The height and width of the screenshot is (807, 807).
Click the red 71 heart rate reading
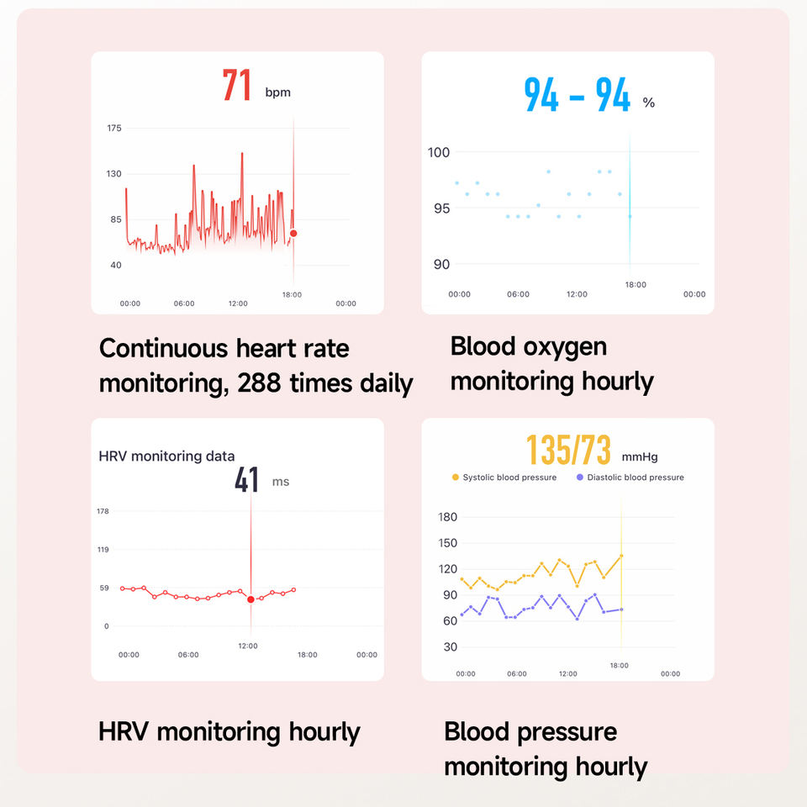[237, 84]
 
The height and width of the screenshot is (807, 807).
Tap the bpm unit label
[278, 92]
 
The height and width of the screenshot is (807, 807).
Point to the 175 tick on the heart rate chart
[114, 128]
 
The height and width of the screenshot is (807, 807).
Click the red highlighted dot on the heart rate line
[293, 233]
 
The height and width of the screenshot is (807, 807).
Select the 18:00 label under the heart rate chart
[292, 294]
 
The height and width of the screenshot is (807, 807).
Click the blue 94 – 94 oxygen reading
[577, 95]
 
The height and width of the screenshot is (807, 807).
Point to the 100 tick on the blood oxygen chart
[439, 152]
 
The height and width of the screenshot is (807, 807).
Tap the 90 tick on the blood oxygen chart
[441, 264]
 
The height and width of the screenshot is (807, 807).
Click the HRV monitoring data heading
[166, 456]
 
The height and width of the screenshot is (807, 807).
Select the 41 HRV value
[246, 480]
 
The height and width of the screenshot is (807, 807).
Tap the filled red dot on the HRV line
[251, 599]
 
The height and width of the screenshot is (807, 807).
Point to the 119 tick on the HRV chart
[103, 550]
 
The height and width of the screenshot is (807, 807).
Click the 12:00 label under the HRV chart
[248, 646]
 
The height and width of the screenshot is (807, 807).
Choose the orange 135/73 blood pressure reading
[569, 450]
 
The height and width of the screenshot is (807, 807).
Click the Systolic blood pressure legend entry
[504, 477]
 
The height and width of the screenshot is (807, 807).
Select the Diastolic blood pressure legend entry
[630, 477]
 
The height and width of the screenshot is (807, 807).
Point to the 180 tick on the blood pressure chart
[448, 517]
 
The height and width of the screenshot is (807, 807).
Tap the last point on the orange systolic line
[622, 556]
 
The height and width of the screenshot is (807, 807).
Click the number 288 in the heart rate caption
[259, 383]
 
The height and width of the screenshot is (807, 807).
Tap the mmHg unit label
[640, 457]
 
